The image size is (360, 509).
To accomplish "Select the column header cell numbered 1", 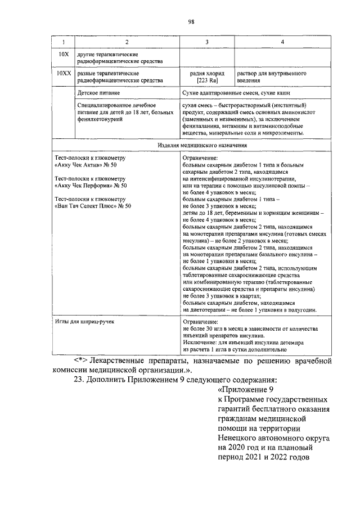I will point(63,42).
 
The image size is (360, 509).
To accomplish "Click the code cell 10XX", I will point(63,74).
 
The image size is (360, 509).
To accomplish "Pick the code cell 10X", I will point(63,55).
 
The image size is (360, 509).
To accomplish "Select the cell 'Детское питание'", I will point(100,91).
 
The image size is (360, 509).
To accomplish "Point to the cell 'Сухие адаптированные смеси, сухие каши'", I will point(235,91).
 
